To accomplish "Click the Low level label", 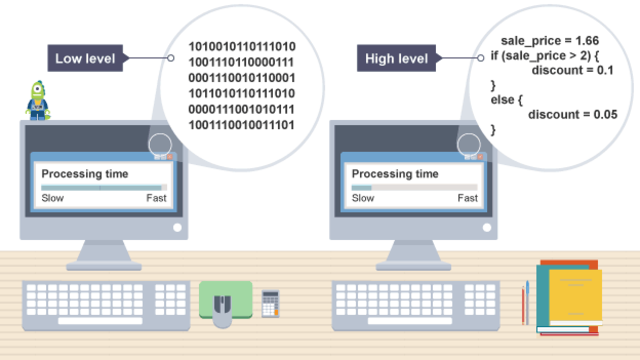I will pos(83,59).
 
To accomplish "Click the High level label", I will pos(394,59).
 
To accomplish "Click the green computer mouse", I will pos(224,303).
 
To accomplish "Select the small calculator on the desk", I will pos(270,300).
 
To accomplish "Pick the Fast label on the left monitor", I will pos(156,199).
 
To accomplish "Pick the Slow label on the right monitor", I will pos(363,199).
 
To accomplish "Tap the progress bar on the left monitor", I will pos(103,187).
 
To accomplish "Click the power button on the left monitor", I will pos(178,228).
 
